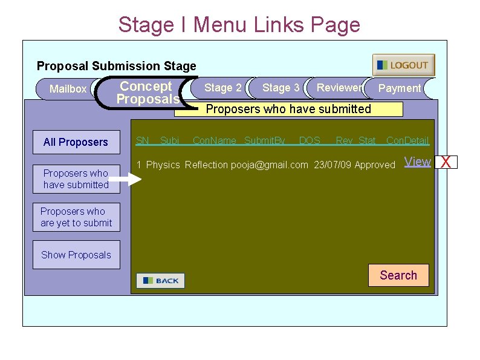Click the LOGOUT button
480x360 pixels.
tap(403, 65)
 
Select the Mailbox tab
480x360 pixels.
tap(67, 89)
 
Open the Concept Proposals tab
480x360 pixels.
tap(147, 93)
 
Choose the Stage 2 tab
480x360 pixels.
tap(222, 88)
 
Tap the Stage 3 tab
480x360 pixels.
tap(281, 88)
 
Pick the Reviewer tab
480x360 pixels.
tap(339, 88)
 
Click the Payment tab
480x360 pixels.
tap(399, 88)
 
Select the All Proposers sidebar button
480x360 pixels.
tap(76, 142)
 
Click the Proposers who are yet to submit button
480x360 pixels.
tap(76, 217)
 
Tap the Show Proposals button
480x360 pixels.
tap(76, 255)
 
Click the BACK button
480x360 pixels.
tap(160, 281)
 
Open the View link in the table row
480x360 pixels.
tap(417, 162)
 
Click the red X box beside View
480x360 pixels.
tap(446, 162)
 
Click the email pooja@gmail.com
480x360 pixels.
tap(270, 165)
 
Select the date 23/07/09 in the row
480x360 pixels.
tap(332, 165)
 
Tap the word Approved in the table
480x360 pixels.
tap(375, 165)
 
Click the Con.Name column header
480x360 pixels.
tap(214, 141)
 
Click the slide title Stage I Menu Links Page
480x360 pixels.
tap(239, 25)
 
